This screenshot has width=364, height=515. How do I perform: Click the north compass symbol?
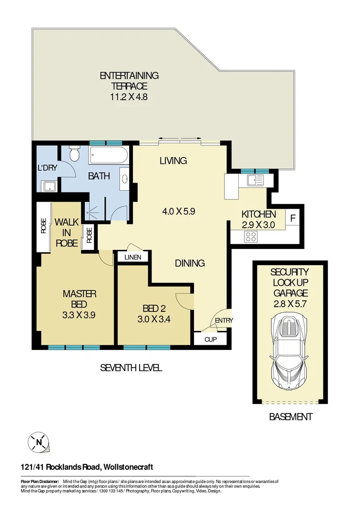pyautogui.click(x=39, y=442)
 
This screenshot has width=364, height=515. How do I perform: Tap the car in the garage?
pyautogui.click(x=290, y=351)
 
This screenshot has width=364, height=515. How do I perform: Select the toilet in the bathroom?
pyautogui.click(x=74, y=154)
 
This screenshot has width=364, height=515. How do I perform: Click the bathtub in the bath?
pyautogui.click(x=109, y=155)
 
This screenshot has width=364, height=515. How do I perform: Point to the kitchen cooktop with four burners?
pyautogui.click(x=251, y=236)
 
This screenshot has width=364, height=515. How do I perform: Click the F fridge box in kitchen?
pyautogui.click(x=293, y=219)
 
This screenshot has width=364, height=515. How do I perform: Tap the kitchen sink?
pyautogui.click(x=255, y=180)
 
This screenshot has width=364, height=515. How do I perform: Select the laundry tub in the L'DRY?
pyautogui.click(x=49, y=186)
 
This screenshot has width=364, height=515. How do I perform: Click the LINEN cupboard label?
pyautogui.click(x=133, y=257)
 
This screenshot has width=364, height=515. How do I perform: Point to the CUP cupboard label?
pyautogui.click(x=211, y=340)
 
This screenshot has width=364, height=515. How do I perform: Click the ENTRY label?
pyautogui.click(x=224, y=320)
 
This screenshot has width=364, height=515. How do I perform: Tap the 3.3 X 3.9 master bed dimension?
pyautogui.click(x=80, y=315)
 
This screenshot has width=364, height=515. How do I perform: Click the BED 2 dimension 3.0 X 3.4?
pyautogui.click(x=154, y=319)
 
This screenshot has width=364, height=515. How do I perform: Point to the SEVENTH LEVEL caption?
pyautogui.click(x=131, y=368)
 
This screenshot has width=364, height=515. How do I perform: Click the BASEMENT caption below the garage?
pyautogui.click(x=291, y=417)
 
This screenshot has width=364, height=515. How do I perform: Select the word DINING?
pyautogui.click(x=190, y=263)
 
